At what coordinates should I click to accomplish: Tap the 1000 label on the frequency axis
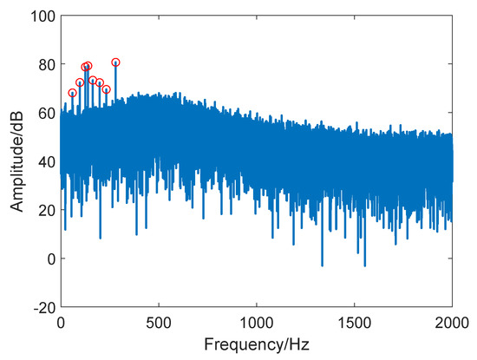point(257,323)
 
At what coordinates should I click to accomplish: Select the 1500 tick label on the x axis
point(355,323)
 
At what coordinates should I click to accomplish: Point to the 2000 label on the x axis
point(452,323)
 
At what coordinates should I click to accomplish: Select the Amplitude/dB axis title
point(16,161)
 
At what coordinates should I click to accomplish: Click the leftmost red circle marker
point(73,93)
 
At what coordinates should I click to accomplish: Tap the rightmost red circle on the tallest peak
point(115,62)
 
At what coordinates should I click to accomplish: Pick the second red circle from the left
point(80,82)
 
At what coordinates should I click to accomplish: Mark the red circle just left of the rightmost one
point(107,89)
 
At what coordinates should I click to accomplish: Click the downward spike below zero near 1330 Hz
point(322,265)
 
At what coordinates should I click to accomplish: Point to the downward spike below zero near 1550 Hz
point(364,265)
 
